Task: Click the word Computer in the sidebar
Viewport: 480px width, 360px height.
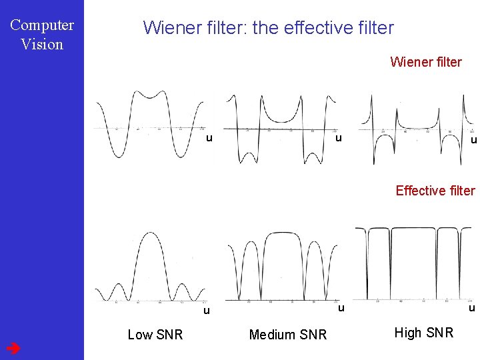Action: tap(42, 25)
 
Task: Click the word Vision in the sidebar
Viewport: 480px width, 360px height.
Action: tap(42, 45)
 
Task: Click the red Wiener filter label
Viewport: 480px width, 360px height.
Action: tap(425, 62)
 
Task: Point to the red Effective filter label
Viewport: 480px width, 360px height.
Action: tap(435, 191)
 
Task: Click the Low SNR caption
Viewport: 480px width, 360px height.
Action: tap(155, 335)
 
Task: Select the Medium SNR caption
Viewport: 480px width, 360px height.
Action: tap(287, 335)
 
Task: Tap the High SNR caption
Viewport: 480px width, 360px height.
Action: tap(423, 333)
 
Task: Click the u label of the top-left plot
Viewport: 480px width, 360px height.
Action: tap(209, 138)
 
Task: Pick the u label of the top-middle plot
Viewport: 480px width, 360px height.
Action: tap(339, 138)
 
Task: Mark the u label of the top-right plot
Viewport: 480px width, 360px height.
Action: tap(473, 140)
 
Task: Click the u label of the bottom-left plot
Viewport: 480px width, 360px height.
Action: tap(207, 310)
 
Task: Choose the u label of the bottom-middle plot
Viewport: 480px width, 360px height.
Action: tap(340, 307)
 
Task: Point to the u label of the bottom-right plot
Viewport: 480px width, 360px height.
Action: tap(471, 307)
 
